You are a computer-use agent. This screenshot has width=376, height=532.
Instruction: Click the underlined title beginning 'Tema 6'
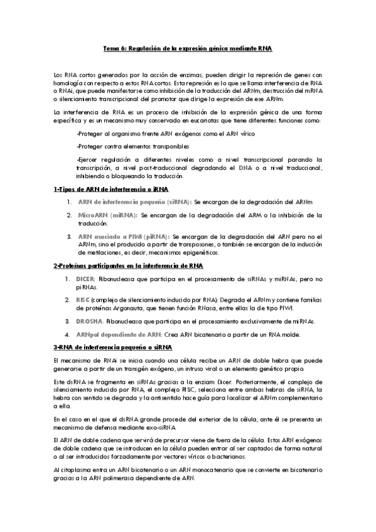(188, 48)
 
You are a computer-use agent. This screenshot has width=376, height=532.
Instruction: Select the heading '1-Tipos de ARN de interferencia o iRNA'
(110, 189)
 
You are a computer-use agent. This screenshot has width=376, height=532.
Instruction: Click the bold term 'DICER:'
(86, 277)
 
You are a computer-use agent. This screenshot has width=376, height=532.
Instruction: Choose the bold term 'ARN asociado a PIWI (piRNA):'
(121, 236)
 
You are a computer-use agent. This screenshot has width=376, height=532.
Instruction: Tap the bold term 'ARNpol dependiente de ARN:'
(119, 334)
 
